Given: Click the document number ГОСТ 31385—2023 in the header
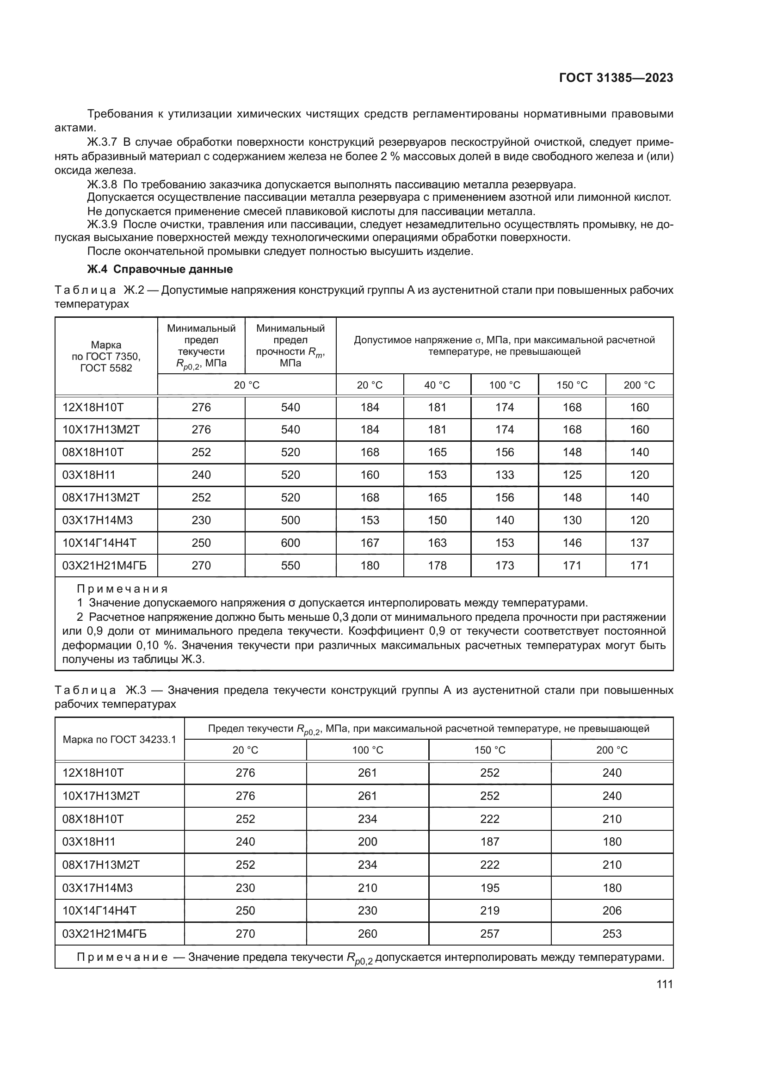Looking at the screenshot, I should pyautogui.click(x=616, y=78).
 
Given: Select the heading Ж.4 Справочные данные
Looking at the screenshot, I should pyautogui.click(x=160, y=269).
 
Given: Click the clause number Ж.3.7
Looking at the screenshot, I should pyautogui.click(x=101, y=142).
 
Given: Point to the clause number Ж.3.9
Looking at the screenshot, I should pyautogui.click(x=101, y=224).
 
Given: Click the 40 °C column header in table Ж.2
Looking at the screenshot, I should pyautogui.click(x=437, y=385).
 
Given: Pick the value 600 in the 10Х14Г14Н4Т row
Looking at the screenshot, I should pyautogui.click(x=290, y=543).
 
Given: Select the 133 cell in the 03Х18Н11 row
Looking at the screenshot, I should pyautogui.click(x=505, y=475).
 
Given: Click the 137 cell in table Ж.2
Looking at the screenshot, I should pyautogui.click(x=639, y=543).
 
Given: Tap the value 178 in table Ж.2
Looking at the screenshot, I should pyautogui.click(x=437, y=565).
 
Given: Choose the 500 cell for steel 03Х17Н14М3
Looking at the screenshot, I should pyautogui.click(x=290, y=520).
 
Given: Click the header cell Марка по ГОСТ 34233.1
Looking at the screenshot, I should pyautogui.click(x=119, y=739).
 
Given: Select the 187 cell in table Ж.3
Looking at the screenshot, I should pyautogui.click(x=489, y=841).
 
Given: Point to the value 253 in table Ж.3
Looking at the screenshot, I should pyautogui.click(x=611, y=934).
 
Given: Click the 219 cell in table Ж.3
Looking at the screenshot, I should pyautogui.click(x=489, y=910).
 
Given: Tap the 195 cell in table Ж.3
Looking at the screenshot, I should pyautogui.click(x=489, y=888).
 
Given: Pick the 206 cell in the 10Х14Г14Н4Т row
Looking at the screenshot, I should pyautogui.click(x=611, y=910).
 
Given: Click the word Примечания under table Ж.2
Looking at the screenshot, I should pyautogui.click(x=122, y=589).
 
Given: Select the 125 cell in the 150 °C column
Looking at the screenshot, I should pyautogui.click(x=572, y=475).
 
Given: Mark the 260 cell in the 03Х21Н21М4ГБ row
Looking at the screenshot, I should pyautogui.click(x=367, y=934).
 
